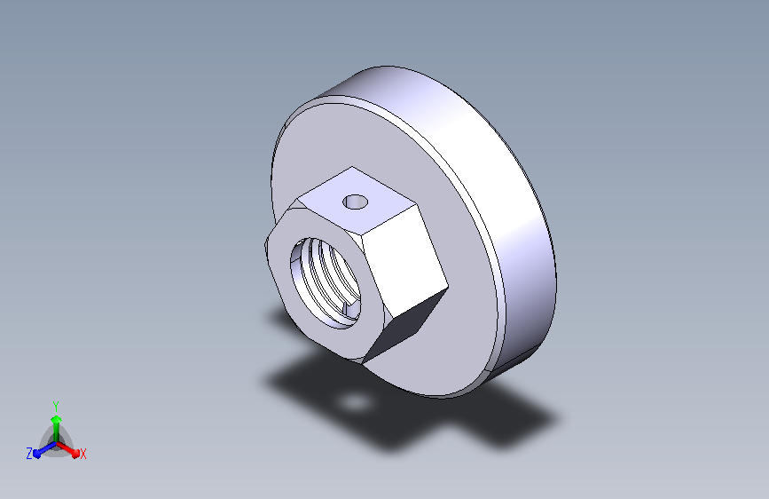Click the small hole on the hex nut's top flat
coord(356,202)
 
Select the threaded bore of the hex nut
coord(326,283)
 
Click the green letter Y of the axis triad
coord(56,406)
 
